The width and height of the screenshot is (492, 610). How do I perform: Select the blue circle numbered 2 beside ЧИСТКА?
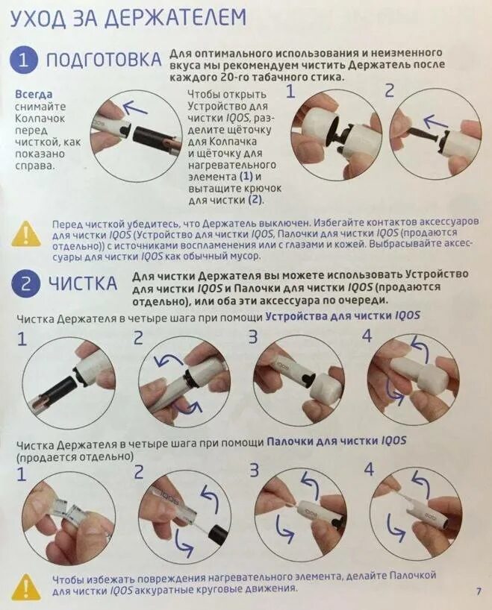coord(25,284)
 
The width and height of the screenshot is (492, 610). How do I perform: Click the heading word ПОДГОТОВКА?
coord(103,60)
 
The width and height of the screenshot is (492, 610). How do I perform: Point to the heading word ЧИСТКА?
coord(83,283)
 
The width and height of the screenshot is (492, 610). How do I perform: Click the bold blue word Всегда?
coord(34,95)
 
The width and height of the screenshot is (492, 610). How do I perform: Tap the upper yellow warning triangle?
coord(25,234)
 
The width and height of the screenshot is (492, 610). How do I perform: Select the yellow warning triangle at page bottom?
coord(25,586)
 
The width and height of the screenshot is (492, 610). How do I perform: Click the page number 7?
coord(479,591)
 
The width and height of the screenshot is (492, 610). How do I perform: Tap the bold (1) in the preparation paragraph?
coord(246,177)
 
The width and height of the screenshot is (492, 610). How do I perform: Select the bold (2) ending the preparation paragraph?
coord(255,201)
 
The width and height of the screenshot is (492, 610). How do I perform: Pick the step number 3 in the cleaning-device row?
coord(253,337)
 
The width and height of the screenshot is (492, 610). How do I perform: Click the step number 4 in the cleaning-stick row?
coord(369,470)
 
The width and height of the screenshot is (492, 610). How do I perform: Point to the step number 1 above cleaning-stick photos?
coord(22,474)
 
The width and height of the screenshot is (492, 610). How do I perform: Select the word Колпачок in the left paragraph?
coord(40,119)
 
